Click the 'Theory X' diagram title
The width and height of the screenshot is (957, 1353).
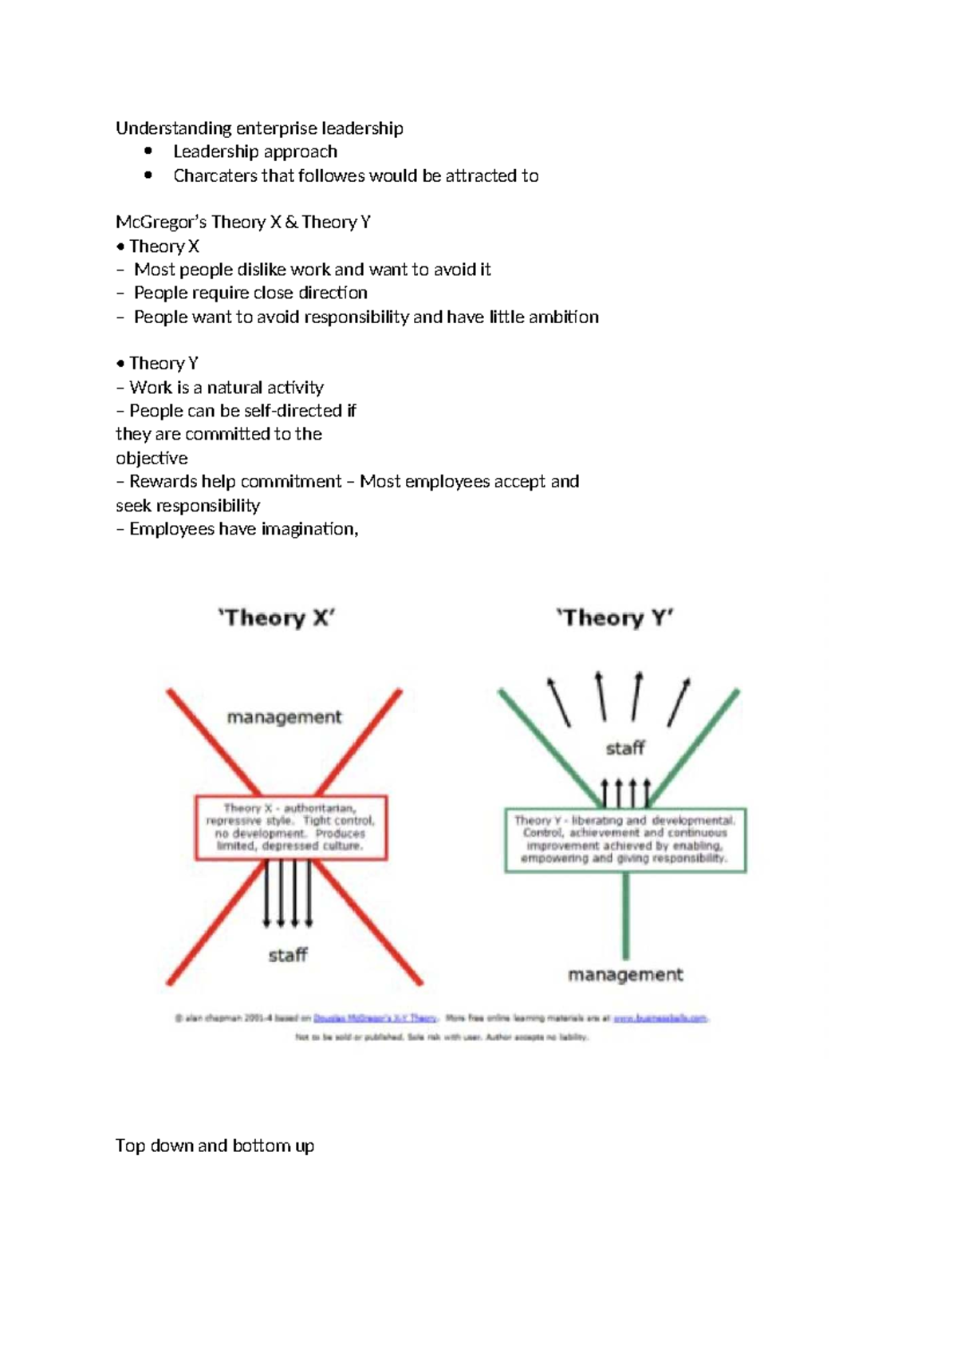[x=277, y=618]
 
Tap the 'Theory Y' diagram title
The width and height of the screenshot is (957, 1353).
[x=615, y=618]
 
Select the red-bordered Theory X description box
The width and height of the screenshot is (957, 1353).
[x=291, y=827]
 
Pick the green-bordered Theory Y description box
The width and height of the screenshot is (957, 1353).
[x=625, y=839]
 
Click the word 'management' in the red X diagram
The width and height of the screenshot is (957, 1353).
[x=284, y=717]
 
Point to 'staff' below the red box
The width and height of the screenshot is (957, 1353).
[x=288, y=955]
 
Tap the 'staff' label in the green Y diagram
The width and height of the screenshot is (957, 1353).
[x=625, y=748]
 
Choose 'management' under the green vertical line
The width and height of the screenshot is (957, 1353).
[x=625, y=974]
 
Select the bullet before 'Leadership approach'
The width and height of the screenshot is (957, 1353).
[x=148, y=152]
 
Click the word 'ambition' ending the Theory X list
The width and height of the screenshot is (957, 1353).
[x=564, y=317]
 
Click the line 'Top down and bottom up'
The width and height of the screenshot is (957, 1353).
[x=215, y=1146]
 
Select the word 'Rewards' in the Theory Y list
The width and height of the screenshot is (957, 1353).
[x=163, y=482]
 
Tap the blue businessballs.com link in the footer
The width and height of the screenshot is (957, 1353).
[x=660, y=1018]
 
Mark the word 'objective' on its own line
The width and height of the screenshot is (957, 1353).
[x=152, y=458]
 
